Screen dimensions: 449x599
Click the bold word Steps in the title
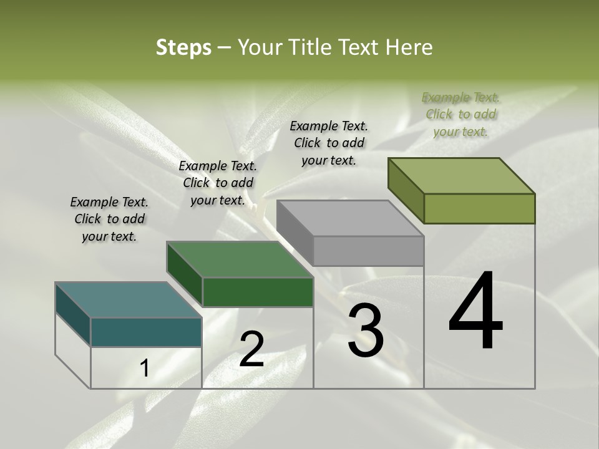click(x=183, y=47)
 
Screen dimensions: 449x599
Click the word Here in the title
click(x=409, y=47)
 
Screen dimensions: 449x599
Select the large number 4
click(x=475, y=312)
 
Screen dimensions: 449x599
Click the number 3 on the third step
click(x=366, y=331)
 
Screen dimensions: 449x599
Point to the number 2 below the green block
click(x=251, y=349)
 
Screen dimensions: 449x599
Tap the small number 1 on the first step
click(x=145, y=369)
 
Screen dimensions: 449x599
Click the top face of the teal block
click(x=128, y=300)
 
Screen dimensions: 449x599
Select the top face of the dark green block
click(x=240, y=259)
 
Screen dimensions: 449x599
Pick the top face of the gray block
click(x=350, y=218)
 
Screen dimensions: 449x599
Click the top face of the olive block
click(x=462, y=176)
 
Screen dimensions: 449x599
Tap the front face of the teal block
click(x=146, y=332)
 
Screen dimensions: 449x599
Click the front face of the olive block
click(x=479, y=208)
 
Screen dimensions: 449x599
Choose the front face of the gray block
click(x=368, y=251)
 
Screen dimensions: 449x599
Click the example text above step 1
click(x=109, y=219)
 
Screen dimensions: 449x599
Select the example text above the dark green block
click(x=218, y=183)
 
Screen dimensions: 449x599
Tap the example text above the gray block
click(x=329, y=143)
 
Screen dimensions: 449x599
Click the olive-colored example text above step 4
click(x=460, y=114)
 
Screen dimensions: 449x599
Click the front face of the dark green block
click(x=258, y=292)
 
